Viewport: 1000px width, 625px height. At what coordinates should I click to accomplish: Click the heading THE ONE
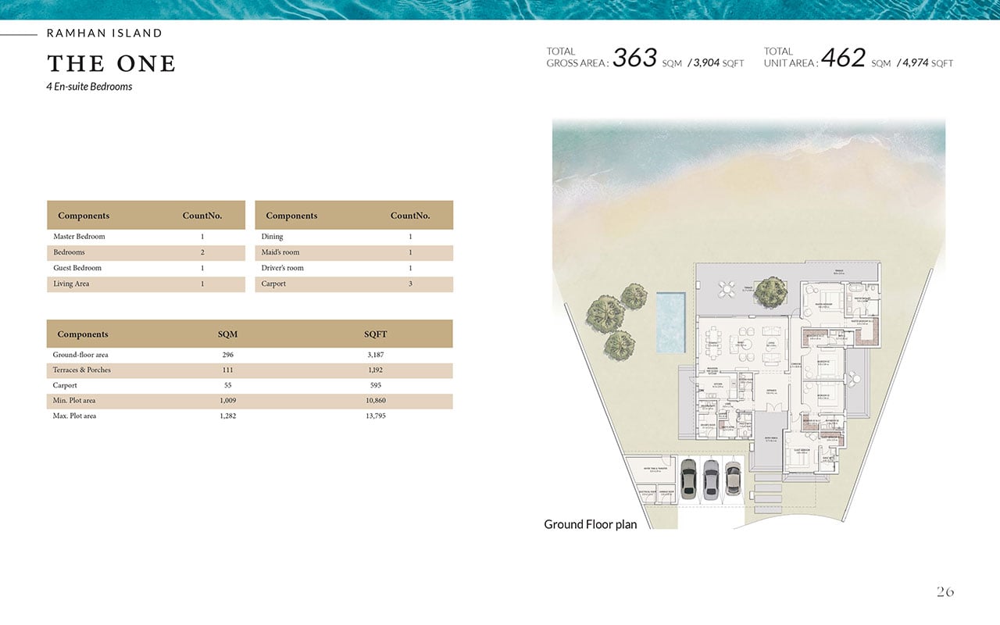coord(111,63)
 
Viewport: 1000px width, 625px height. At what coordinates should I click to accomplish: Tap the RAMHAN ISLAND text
coord(105,34)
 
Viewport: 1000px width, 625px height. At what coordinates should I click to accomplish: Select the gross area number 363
coord(634,58)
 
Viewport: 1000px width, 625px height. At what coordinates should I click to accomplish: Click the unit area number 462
coord(844,58)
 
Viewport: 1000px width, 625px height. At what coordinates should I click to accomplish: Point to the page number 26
coord(945,592)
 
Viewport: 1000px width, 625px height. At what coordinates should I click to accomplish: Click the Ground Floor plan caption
coord(590,524)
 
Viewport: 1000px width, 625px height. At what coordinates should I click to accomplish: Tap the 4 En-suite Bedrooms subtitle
coord(89,87)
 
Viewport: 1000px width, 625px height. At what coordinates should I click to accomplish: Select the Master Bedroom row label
coord(79,237)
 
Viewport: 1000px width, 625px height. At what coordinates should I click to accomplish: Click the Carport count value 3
coord(410,284)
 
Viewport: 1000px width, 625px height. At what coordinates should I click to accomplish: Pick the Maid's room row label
coord(280,252)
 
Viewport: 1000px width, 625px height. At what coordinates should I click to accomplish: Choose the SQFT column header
coord(375,334)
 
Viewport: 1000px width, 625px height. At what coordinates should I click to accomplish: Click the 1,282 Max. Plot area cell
coord(228,416)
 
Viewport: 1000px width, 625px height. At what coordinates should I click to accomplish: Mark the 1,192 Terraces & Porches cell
coord(375,370)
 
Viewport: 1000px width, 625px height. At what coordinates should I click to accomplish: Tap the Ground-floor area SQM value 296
coord(228,355)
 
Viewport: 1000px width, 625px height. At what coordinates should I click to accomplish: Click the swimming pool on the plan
coord(670,322)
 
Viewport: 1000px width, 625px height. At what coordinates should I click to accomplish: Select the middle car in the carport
coord(710,479)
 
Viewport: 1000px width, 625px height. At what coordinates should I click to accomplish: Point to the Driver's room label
coord(283,268)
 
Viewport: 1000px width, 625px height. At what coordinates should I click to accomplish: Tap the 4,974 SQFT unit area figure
coord(915,62)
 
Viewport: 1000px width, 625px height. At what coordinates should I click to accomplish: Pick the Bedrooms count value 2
coord(202,252)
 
